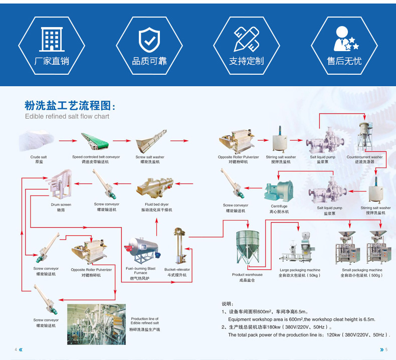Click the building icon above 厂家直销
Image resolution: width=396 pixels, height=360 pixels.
click(51, 39)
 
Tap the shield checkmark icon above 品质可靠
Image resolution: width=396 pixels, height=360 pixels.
click(148, 39)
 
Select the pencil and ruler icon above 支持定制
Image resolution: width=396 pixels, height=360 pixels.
click(246, 39)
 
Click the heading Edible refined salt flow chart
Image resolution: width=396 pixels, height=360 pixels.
click(67, 116)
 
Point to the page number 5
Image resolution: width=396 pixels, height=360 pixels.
click(387, 349)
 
